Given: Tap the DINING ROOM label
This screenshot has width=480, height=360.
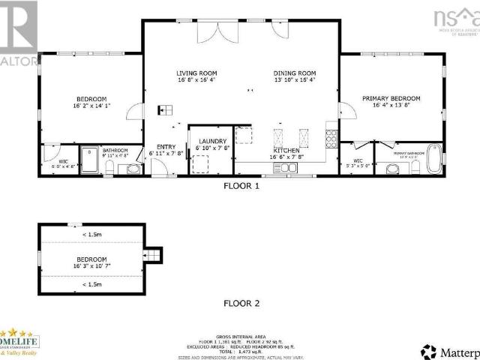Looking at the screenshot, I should coord(294,73).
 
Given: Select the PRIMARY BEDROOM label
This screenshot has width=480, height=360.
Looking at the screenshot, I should coord(391,98).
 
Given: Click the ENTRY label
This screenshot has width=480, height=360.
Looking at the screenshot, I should coord(166,147).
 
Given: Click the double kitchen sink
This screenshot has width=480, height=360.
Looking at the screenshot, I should coord(286,169).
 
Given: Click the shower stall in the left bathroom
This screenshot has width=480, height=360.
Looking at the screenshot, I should coord(90,160).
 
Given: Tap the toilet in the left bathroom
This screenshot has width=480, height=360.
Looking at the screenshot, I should coord(133,168).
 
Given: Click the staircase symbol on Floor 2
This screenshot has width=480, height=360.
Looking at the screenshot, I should coord(153,256).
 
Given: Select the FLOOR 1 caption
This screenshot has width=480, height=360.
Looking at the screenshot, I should coord(241,185).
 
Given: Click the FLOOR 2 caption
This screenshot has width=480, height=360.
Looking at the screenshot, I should coord(241,304).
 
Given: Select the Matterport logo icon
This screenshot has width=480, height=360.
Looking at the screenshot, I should coord(429,350).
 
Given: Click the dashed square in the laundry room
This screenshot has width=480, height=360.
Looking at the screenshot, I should coord(201,164).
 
